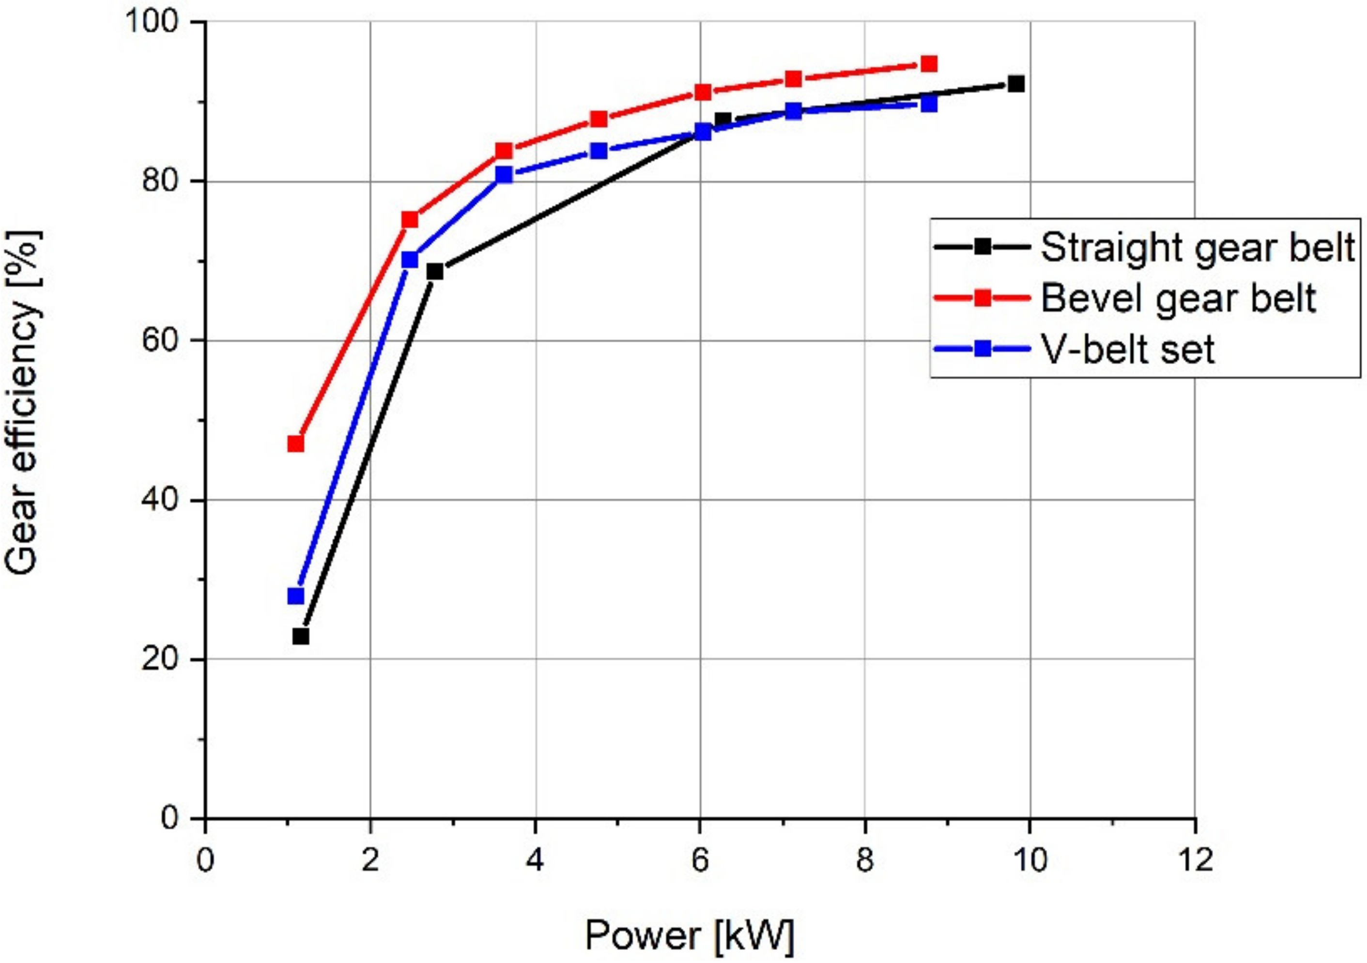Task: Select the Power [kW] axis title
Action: click(690, 935)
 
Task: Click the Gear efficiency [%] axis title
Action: click(23, 403)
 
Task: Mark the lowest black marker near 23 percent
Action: click(301, 636)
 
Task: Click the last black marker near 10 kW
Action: click(1016, 84)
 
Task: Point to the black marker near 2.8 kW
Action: click(435, 272)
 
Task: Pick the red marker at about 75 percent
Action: click(410, 220)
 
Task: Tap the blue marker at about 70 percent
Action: click(410, 260)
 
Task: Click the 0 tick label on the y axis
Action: click(169, 818)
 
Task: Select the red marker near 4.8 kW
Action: click(599, 119)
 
